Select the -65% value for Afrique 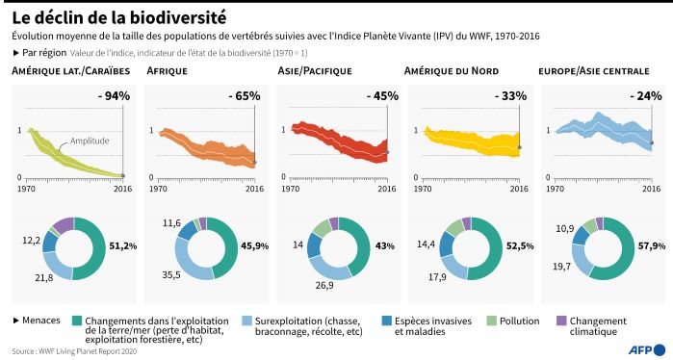point(245,95)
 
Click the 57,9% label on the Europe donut point(652,245)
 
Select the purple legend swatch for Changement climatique point(563,321)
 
